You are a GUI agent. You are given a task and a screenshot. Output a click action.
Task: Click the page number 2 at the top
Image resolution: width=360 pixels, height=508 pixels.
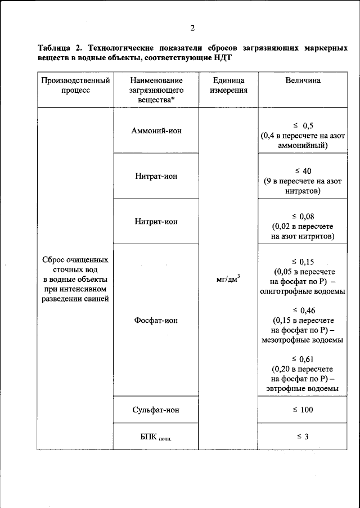(192, 28)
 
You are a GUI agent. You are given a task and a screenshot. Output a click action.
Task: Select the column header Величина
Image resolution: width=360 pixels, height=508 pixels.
(303, 80)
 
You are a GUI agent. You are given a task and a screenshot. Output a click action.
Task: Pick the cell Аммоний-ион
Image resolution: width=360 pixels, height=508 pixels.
(156, 131)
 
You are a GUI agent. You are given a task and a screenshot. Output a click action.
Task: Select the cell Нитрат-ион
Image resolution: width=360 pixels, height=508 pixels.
(156, 176)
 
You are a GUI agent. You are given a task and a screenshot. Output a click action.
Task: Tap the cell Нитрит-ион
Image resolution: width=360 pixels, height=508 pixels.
(156, 222)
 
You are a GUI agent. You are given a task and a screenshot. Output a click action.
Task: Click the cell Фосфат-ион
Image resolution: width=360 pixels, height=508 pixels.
(156, 320)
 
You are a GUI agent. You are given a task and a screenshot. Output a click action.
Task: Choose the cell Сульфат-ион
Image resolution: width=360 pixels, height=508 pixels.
(156, 410)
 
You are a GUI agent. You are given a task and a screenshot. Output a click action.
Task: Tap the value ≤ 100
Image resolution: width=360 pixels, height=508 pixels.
(303, 410)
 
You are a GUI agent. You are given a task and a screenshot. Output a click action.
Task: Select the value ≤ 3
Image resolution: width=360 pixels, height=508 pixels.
(303, 437)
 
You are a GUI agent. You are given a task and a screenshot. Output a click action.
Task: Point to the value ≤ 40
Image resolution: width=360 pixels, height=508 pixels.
(303, 171)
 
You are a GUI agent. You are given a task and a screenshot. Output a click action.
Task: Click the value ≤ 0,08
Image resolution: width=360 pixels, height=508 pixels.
(303, 216)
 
